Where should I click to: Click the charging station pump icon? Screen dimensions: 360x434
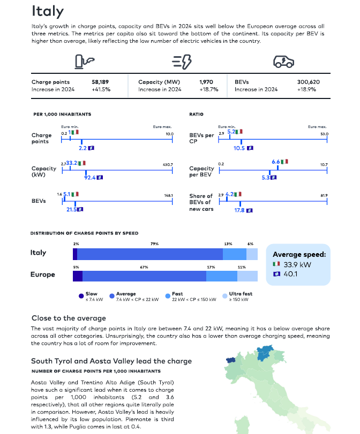click(85, 62)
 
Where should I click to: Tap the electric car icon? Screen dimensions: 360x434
click(283, 62)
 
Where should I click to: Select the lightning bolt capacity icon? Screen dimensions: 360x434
click(182, 62)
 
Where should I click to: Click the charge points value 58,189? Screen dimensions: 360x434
click(100, 82)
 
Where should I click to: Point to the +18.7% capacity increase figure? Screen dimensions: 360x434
click(209, 89)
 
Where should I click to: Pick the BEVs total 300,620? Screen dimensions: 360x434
click(309, 82)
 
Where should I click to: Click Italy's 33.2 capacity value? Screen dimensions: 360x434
click(71, 163)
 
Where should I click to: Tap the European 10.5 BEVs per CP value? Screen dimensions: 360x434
click(239, 148)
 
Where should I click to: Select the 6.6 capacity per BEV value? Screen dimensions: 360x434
click(276, 162)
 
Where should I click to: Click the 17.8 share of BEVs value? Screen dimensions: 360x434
click(239, 210)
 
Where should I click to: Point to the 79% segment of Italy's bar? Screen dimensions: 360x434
click(150, 254)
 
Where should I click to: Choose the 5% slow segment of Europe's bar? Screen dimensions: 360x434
click(78, 276)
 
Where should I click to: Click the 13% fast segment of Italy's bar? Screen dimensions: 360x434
click(235, 254)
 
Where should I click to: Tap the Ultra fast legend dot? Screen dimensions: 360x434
click(225, 296)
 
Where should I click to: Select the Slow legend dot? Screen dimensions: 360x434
click(81, 296)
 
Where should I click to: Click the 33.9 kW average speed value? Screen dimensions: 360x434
click(297, 264)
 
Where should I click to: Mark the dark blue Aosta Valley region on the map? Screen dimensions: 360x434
click(230, 360)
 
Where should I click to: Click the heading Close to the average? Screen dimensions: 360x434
click(69, 318)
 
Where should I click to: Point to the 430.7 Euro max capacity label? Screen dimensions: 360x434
click(168, 164)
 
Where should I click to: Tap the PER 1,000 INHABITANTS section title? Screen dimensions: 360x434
click(62, 114)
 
